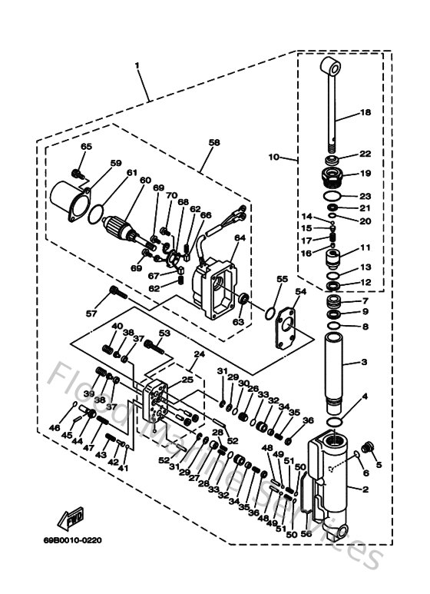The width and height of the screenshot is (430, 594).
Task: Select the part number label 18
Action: click(365, 112)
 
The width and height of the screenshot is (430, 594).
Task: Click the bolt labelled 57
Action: click(116, 292)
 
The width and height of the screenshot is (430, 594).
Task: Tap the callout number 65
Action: click(86, 147)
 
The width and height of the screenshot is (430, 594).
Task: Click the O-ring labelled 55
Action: click(270, 313)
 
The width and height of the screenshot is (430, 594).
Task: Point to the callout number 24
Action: click(199, 354)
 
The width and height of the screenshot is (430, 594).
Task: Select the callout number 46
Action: click(54, 427)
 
